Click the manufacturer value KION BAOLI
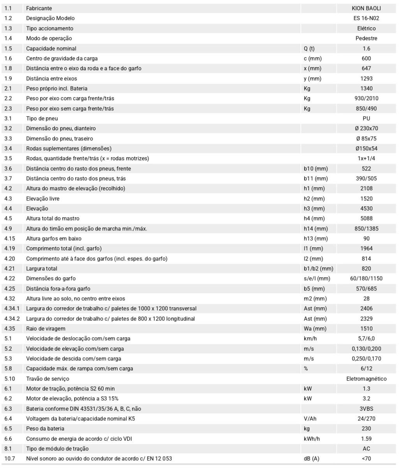[366, 8]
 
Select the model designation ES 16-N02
[366, 18]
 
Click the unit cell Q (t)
[309, 48]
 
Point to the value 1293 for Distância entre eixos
[366, 78]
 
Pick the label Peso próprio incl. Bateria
[56, 89]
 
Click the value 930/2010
[366, 98]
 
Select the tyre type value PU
[366, 118]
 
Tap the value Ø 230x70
[366, 128]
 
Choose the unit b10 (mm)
[316, 168]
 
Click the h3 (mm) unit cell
[314, 209]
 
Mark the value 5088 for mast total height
[366, 218]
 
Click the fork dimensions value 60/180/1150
[366, 278]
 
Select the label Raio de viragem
[46, 329]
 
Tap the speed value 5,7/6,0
[366, 339]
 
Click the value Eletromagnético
[366, 379]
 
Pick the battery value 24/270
[366, 419]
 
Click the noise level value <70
[366, 459]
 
